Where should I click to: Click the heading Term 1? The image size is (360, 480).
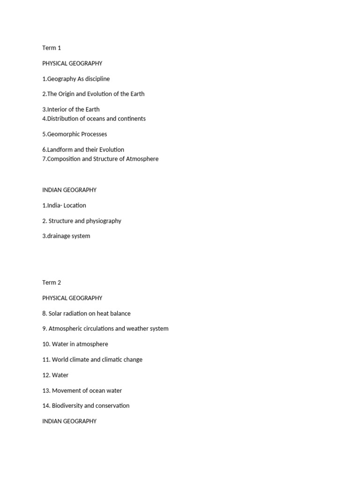(52, 48)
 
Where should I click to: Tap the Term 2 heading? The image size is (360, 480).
(52, 283)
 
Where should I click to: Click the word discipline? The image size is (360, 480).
(97, 79)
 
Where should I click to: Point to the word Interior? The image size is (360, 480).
(58, 109)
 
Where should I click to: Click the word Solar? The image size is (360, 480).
(56, 313)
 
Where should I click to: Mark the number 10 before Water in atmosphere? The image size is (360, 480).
(46, 344)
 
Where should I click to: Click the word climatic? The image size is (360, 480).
(112, 360)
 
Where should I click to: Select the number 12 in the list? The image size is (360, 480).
(46, 375)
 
